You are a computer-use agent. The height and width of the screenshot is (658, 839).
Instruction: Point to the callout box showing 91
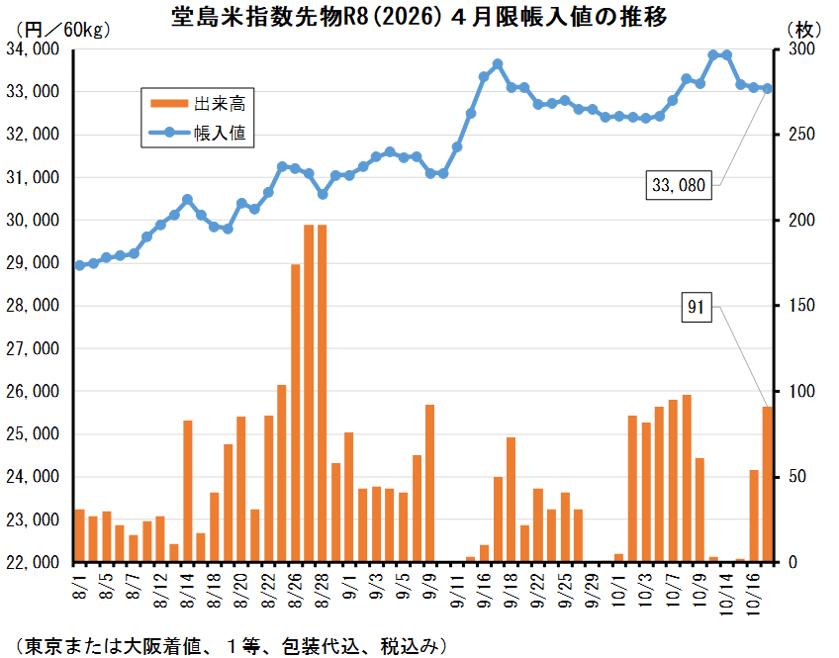tap(698, 309)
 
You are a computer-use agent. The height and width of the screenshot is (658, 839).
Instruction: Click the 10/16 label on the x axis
tap(753, 582)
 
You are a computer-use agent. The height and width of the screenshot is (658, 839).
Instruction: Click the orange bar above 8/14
tap(188, 491)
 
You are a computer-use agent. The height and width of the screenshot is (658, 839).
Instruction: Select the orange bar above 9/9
tap(430, 483)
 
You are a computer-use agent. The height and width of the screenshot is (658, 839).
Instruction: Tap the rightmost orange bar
tap(767, 484)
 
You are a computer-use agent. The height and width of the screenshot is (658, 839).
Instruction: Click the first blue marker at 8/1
tap(79, 265)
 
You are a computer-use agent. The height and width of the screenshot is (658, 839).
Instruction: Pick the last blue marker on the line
tap(767, 88)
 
